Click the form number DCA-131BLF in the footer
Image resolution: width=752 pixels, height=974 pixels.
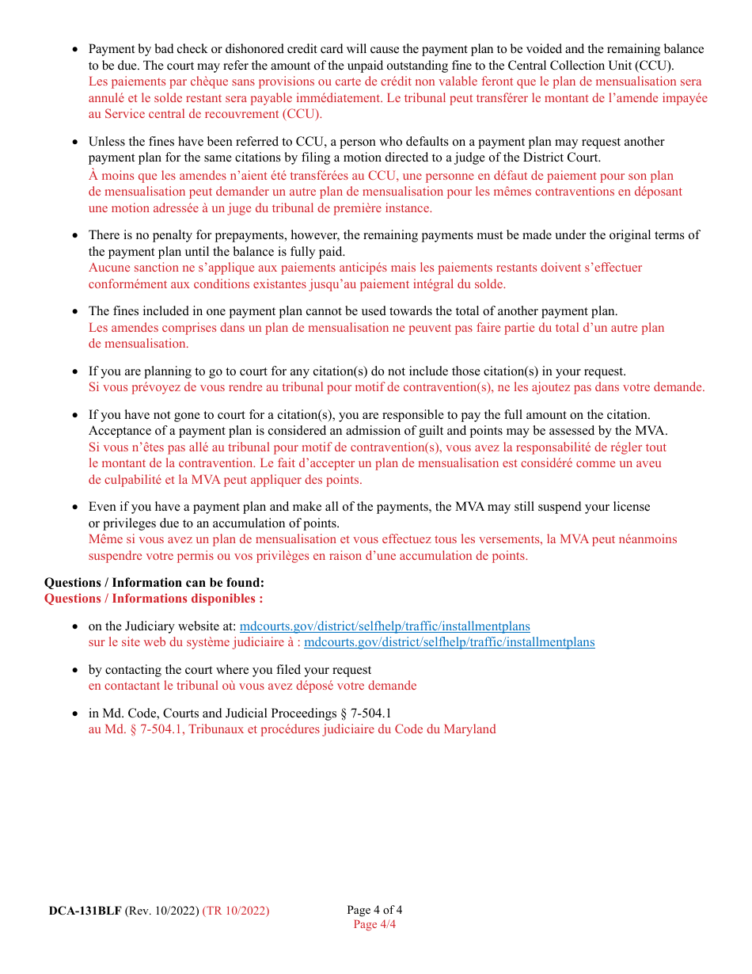pos(85,911)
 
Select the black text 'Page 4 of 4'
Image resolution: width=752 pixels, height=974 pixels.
pos(374,910)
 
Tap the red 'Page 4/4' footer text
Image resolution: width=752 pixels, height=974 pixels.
pos(374,924)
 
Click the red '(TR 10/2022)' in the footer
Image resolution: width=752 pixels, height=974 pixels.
pos(236,911)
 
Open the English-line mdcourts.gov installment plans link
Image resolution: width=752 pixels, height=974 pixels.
pos(385,626)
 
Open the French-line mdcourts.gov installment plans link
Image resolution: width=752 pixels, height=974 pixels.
pos(449,642)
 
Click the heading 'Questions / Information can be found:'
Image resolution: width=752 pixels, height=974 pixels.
pos(154,583)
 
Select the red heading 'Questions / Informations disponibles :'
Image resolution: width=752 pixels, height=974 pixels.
pos(154,599)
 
